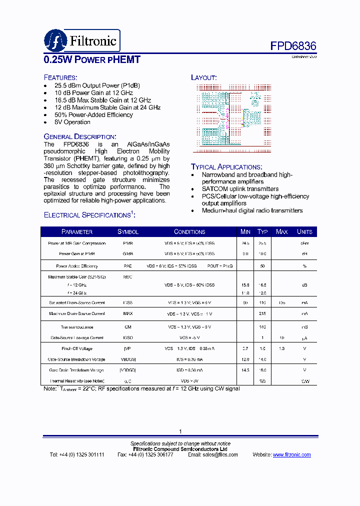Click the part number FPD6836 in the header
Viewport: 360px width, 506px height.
pos(293,46)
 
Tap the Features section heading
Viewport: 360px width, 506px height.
pos(60,77)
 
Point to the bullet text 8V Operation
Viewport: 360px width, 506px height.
pos(72,122)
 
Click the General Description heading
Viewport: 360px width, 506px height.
pos(80,136)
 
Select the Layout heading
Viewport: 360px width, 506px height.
pos(203,77)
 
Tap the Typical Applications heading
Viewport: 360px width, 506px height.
pos(226,166)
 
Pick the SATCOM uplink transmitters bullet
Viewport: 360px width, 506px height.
pos(240,189)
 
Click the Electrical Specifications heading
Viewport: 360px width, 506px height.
pos(89,215)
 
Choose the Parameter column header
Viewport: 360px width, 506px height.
pos(77,232)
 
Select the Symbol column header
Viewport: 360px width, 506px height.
pos(128,232)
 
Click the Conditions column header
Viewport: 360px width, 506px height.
pos(189,232)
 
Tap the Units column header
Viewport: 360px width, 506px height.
pos(304,232)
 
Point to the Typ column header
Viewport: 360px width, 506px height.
pos(262,232)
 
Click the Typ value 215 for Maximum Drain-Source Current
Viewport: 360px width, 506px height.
pos(262,313)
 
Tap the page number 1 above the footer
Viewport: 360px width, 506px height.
pos(180,431)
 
